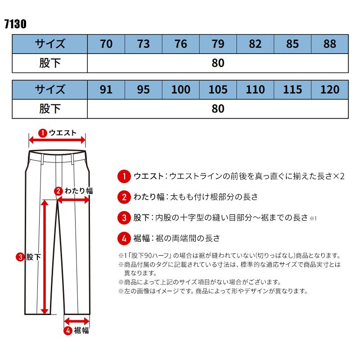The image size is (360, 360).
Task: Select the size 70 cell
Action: click(106, 44)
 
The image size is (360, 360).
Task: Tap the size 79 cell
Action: click(218, 44)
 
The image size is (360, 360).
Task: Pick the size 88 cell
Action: click(329, 44)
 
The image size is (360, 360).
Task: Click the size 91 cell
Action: click(106, 89)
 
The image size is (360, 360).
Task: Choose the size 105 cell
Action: click(218, 89)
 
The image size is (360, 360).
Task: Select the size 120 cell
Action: click(329, 89)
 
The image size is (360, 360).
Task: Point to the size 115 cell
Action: click(292, 89)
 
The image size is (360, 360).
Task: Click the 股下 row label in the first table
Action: click(50, 63)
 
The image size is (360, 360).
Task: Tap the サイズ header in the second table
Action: click(50, 89)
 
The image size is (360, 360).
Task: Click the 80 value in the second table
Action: click(218, 108)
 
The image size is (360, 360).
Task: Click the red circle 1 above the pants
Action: click(42, 133)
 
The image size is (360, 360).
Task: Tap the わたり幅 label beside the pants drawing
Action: click(78, 191)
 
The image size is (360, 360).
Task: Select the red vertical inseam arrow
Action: click(44, 257)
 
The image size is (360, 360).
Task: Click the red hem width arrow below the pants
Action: click(75, 321)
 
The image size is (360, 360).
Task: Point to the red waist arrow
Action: click(57, 140)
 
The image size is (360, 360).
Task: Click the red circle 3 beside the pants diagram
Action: click(20, 257)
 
